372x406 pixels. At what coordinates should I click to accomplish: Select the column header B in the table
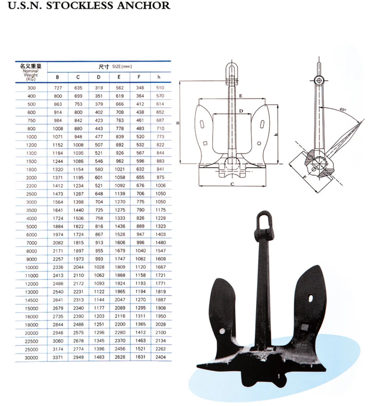58,77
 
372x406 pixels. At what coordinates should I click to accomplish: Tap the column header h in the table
159,77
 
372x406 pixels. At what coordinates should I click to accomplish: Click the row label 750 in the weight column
32,120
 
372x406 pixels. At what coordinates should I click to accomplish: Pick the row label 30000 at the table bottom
32,358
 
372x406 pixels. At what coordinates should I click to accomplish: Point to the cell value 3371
58,357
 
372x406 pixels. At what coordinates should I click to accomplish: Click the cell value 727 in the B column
58,88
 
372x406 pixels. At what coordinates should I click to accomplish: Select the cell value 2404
161,357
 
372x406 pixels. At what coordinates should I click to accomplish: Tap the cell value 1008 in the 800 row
58,129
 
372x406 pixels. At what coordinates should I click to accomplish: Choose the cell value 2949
78,357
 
